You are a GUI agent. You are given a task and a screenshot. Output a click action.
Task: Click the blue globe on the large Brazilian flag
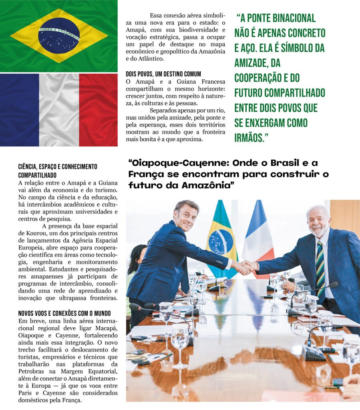click(59, 36)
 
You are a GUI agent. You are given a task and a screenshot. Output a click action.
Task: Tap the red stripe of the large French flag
click(98, 110)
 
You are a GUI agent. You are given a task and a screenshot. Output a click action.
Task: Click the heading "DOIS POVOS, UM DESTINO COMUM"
click(163, 74)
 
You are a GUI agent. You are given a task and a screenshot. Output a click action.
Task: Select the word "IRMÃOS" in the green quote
click(249, 138)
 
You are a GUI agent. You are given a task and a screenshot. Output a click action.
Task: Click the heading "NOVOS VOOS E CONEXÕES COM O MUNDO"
click(64, 313)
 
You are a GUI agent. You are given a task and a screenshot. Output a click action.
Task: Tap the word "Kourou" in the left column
click(29, 233)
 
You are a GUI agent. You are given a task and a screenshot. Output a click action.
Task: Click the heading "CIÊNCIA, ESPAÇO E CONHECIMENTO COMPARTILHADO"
click(58, 171)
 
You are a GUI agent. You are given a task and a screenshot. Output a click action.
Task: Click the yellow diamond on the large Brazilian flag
click(24, 36)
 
